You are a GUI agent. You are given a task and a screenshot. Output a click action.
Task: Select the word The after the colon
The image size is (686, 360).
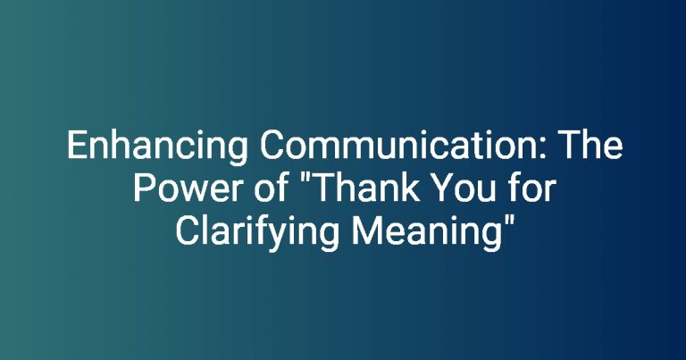tap(591, 145)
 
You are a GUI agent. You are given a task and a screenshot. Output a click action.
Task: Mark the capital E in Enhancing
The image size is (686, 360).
tap(77, 146)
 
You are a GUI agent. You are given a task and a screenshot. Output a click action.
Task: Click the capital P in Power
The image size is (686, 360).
tap(144, 188)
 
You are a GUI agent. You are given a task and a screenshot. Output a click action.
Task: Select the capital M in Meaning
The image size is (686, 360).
tap(366, 230)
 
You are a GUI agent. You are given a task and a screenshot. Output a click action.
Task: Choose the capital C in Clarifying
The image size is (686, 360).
tap(187, 230)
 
